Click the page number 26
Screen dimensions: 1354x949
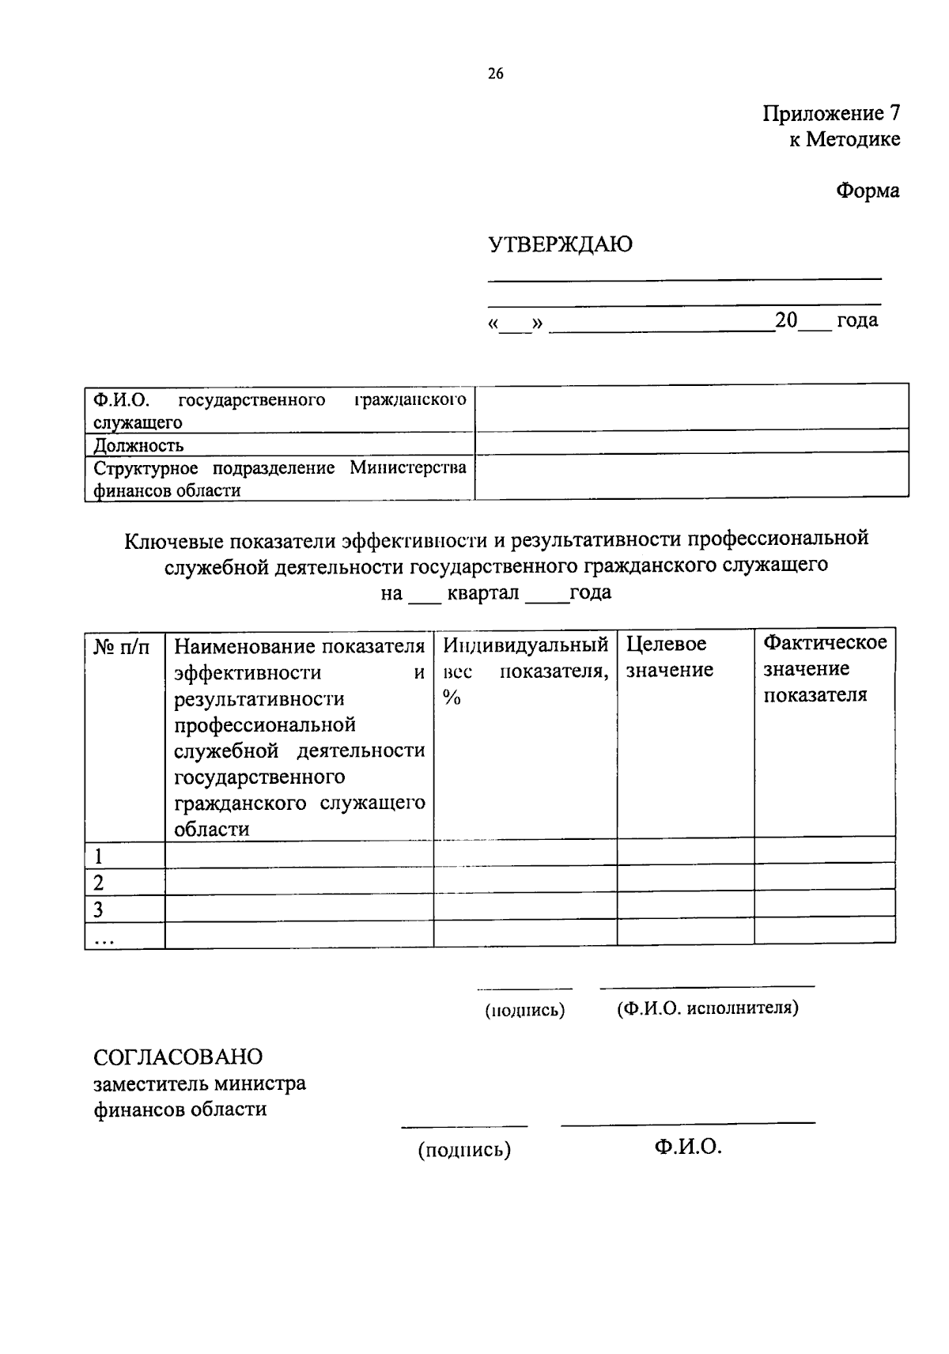click(495, 74)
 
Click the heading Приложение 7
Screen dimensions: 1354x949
click(830, 113)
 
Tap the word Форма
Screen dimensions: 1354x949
click(868, 191)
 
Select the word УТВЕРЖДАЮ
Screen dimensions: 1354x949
click(560, 244)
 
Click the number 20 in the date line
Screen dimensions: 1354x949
click(786, 320)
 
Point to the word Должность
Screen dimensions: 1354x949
click(138, 444)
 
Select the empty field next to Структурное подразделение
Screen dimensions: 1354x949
click(690, 476)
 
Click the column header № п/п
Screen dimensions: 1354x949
click(122, 646)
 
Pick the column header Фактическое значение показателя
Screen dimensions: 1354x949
click(824, 668)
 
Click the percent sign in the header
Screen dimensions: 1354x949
click(452, 698)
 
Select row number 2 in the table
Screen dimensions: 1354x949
click(99, 883)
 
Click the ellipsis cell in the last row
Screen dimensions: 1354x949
click(104, 936)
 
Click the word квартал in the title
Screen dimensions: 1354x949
click(482, 593)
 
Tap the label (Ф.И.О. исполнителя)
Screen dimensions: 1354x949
click(707, 1008)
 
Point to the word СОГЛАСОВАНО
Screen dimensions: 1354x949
click(178, 1057)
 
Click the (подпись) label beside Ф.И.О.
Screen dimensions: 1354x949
click(464, 1149)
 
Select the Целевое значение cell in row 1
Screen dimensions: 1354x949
click(685, 853)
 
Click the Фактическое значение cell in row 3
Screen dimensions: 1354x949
click(824, 906)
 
